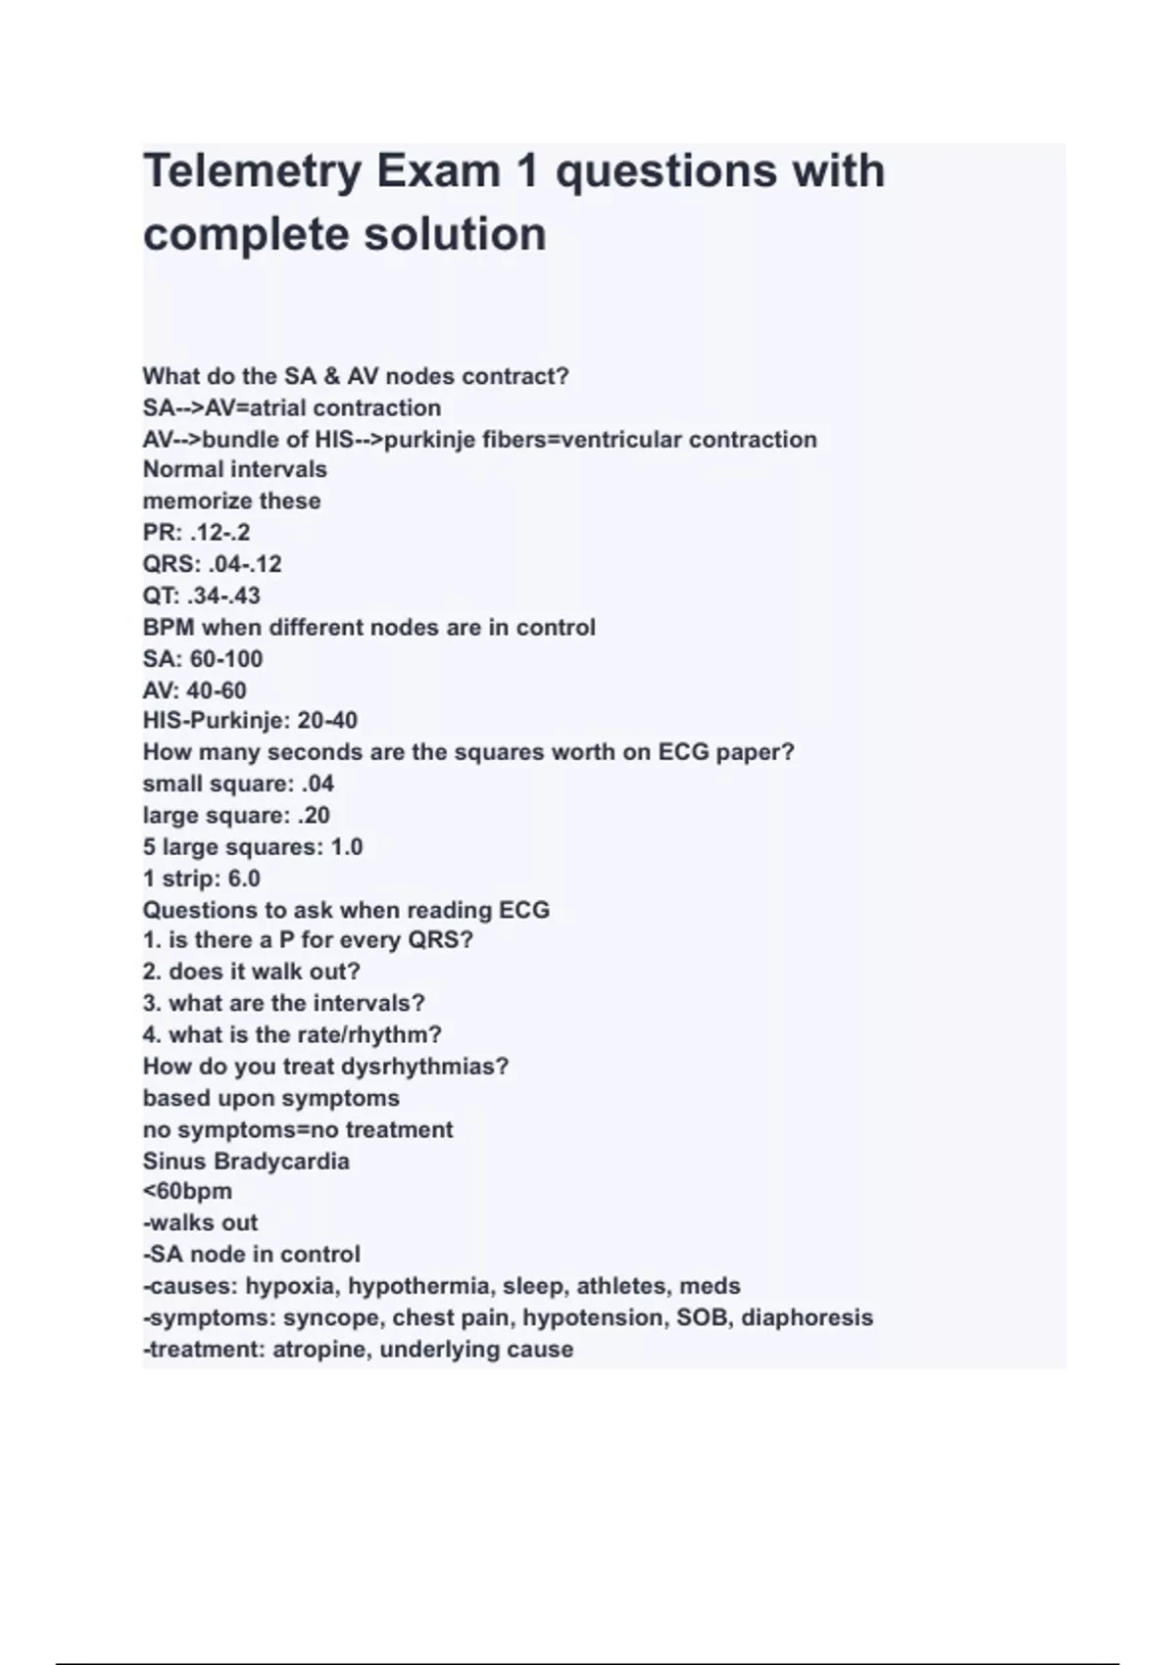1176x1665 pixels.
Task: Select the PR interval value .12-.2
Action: (x=220, y=533)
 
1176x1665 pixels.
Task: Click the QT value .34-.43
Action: (x=226, y=595)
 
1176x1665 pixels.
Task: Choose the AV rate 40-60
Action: (x=217, y=690)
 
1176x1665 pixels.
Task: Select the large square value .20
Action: (x=313, y=815)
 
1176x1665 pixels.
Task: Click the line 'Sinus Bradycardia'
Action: (x=246, y=1162)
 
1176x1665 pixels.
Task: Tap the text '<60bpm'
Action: (x=187, y=1192)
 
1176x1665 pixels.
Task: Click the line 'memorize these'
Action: (x=231, y=501)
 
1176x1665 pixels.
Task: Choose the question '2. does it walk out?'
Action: (x=251, y=972)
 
